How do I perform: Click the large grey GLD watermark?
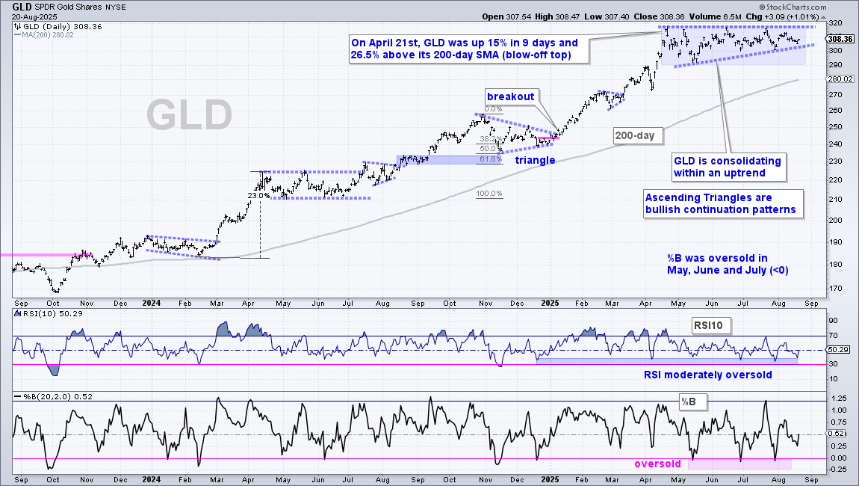[x=189, y=115]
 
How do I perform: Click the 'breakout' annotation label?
[x=511, y=96]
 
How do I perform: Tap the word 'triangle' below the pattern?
[x=535, y=160]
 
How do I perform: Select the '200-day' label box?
[x=634, y=135]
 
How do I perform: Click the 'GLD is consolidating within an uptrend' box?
[x=728, y=167]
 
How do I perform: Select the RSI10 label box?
[x=708, y=325]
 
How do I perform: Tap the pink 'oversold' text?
[x=657, y=464]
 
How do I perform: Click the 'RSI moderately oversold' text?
[x=708, y=375]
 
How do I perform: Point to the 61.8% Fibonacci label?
[x=490, y=159]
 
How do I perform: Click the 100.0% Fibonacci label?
[x=489, y=194]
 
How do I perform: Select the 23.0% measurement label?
[x=258, y=195]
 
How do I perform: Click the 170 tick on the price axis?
[x=835, y=288]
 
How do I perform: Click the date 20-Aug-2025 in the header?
[x=34, y=16]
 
